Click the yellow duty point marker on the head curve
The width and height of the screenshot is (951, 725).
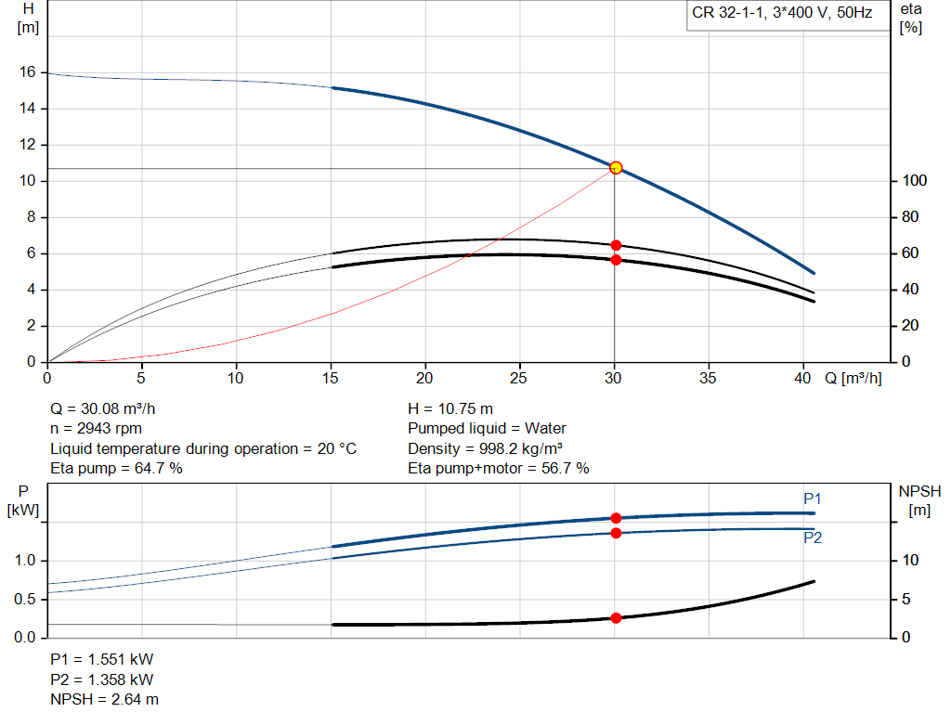[615, 168]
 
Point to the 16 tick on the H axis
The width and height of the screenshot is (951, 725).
[28, 72]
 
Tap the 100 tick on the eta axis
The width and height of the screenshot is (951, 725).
[914, 181]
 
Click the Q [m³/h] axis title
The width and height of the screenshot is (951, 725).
[853, 378]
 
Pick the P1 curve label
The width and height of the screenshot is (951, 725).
[813, 499]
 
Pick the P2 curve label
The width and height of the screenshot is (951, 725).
[813, 537]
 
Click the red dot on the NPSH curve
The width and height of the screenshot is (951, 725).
[616, 617]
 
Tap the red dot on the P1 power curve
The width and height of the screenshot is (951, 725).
[616, 518]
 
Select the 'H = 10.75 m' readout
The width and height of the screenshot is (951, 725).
[450, 408]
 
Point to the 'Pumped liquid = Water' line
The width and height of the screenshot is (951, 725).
[487, 429]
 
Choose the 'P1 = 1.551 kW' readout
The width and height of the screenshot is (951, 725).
[101, 659]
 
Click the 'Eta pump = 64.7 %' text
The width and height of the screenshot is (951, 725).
[116, 469]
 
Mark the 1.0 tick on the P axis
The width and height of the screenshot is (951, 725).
[25, 561]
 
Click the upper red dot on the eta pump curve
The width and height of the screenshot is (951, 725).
[616, 245]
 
